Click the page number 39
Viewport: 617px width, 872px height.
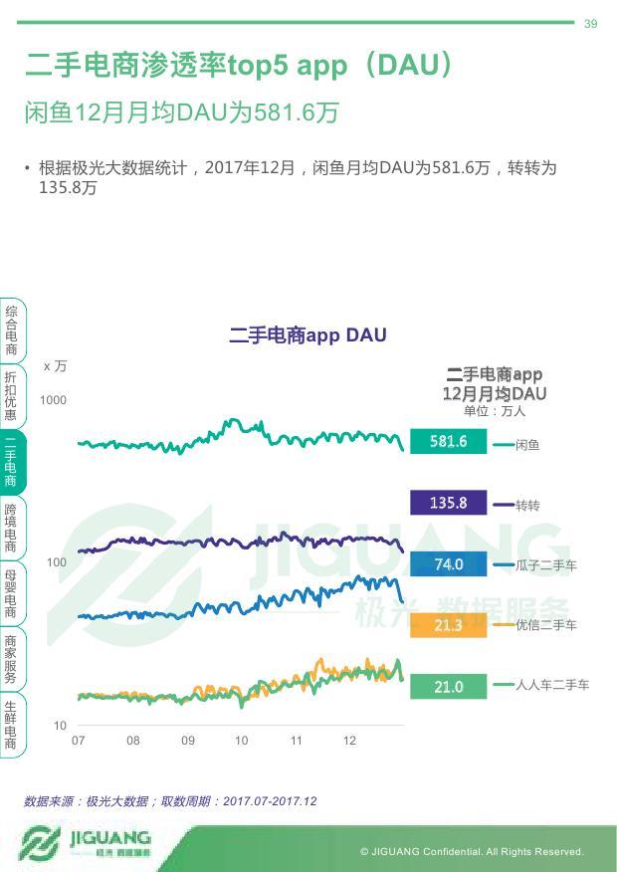590,24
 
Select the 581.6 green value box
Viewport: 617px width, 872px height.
448,442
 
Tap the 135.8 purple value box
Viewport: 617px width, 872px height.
448,503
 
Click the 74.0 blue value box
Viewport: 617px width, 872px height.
448,564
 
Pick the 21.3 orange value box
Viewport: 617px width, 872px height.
448,625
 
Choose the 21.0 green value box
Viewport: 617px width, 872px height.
448,687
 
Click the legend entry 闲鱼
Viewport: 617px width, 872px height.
527,445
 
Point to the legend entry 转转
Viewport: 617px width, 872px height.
527,506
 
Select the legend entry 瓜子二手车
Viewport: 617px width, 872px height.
545,565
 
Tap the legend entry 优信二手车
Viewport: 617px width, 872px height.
545,625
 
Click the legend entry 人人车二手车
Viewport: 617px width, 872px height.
552,685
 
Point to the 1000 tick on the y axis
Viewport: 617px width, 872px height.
53,400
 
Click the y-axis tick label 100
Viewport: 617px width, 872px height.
57,563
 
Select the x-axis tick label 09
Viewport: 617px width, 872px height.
188,742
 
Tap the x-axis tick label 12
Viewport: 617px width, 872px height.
349,742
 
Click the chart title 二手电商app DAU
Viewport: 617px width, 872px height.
308,335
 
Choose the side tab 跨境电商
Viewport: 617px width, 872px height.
11,528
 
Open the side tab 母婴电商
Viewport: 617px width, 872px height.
11,594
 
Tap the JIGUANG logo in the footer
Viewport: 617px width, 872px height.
86,843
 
